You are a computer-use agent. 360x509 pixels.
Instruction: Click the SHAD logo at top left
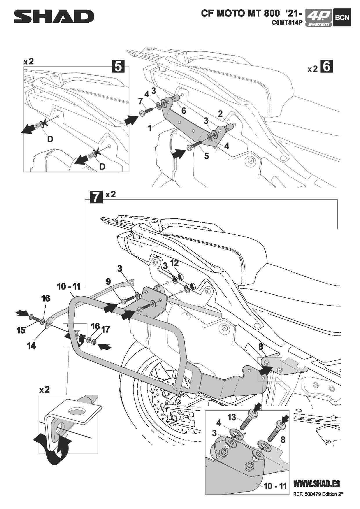(x=54, y=17)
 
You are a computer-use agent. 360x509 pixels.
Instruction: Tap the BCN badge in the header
(x=342, y=17)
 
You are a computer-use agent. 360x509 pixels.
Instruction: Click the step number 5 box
(x=118, y=66)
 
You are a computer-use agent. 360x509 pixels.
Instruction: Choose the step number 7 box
(x=96, y=196)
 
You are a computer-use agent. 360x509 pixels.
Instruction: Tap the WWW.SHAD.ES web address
(x=316, y=484)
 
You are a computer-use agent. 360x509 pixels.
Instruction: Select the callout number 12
(x=174, y=263)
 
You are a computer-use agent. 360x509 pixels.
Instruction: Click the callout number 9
(x=108, y=281)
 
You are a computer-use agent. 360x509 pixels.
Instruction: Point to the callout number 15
(x=21, y=330)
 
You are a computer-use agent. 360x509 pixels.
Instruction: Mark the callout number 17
(x=106, y=329)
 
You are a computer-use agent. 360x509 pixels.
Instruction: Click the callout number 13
(x=231, y=417)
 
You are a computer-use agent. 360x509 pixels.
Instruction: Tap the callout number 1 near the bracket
(x=150, y=128)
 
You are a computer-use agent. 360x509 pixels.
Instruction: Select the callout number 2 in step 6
(x=220, y=113)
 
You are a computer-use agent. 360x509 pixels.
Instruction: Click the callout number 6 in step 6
(x=183, y=111)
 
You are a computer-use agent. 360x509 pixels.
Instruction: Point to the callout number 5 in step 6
(x=206, y=156)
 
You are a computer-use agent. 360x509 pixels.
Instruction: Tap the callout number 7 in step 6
(x=141, y=101)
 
